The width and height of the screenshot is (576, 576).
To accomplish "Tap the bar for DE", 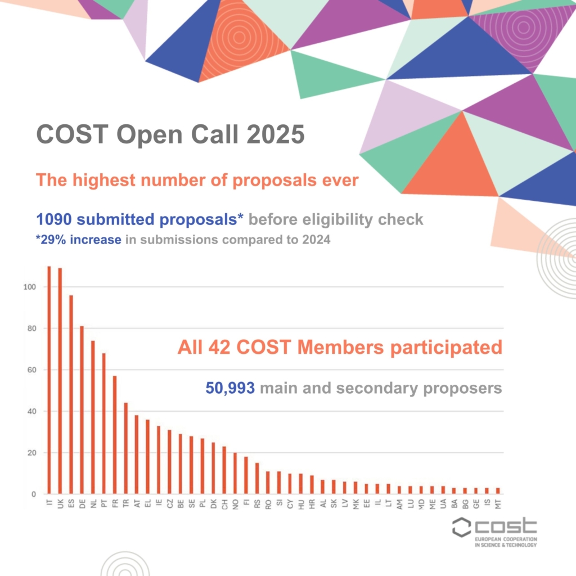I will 82,411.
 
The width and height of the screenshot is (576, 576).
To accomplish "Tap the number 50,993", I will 229,388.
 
